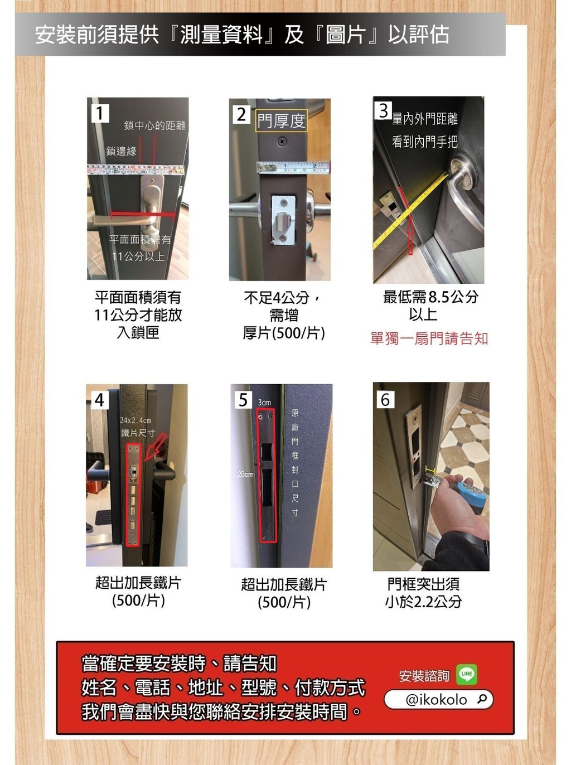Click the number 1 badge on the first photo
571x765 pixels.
[x=100, y=113]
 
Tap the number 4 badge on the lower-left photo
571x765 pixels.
[x=99, y=400]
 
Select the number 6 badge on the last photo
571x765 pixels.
[x=385, y=400]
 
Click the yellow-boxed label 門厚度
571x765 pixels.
[x=281, y=120]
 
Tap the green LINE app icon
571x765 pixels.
[x=467, y=674]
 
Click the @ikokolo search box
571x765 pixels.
[x=438, y=699]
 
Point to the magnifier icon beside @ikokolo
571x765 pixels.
[x=482, y=699]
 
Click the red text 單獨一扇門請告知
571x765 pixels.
[x=429, y=338]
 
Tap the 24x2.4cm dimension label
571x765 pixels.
[x=135, y=420]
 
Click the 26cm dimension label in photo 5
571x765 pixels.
[x=245, y=474]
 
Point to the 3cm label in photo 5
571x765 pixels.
[x=264, y=402]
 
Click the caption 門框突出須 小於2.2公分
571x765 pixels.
[x=423, y=593]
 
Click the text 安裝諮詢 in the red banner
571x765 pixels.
[x=424, y=676]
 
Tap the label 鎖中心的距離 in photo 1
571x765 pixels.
[x=154, y=125]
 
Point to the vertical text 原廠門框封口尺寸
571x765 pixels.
[x=295, y=462]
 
